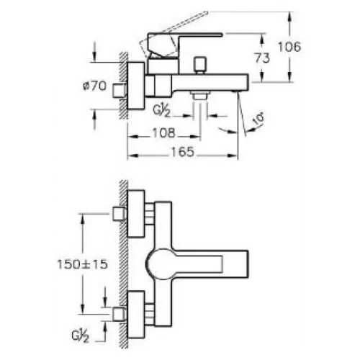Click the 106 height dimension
coord(289,47)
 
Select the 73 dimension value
coord(262,58)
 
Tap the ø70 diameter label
coord(94,86)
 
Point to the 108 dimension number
coord(164,132)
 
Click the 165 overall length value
coord(182,152)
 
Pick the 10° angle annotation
coord(258,120)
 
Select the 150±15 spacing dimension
coord(82,264)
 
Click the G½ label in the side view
coord(161,111)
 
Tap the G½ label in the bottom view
coord(81,336)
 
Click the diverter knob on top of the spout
coord(201,65)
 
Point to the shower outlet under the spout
coord(200,95)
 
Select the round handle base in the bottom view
coord(159,264)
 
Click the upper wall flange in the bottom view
coord(136,214)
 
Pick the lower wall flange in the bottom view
coord(136,315)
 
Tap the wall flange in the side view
coord(136,86)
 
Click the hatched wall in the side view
coord(123,86)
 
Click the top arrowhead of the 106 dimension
coord(290,17)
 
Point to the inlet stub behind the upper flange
coord(120,214)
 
